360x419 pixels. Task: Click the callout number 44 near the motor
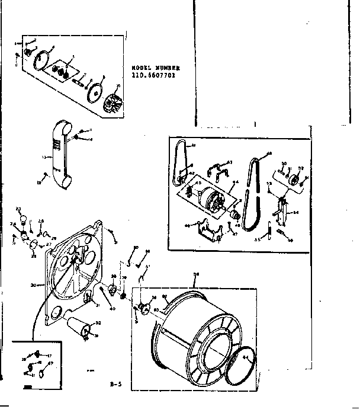[234, 182]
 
